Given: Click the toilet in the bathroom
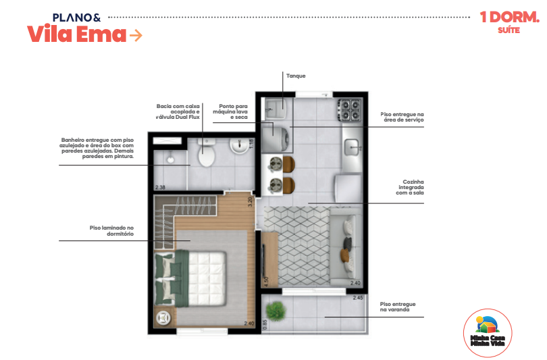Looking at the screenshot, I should (206, 155).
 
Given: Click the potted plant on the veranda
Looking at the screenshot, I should (276, 311).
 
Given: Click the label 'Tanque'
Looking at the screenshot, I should (296, 76).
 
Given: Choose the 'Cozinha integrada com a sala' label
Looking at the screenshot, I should (409, 187).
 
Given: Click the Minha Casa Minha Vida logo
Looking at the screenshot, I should (488, 330).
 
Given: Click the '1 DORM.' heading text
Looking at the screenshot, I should (503, 18).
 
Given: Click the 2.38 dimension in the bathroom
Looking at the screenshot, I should (160, 186).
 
